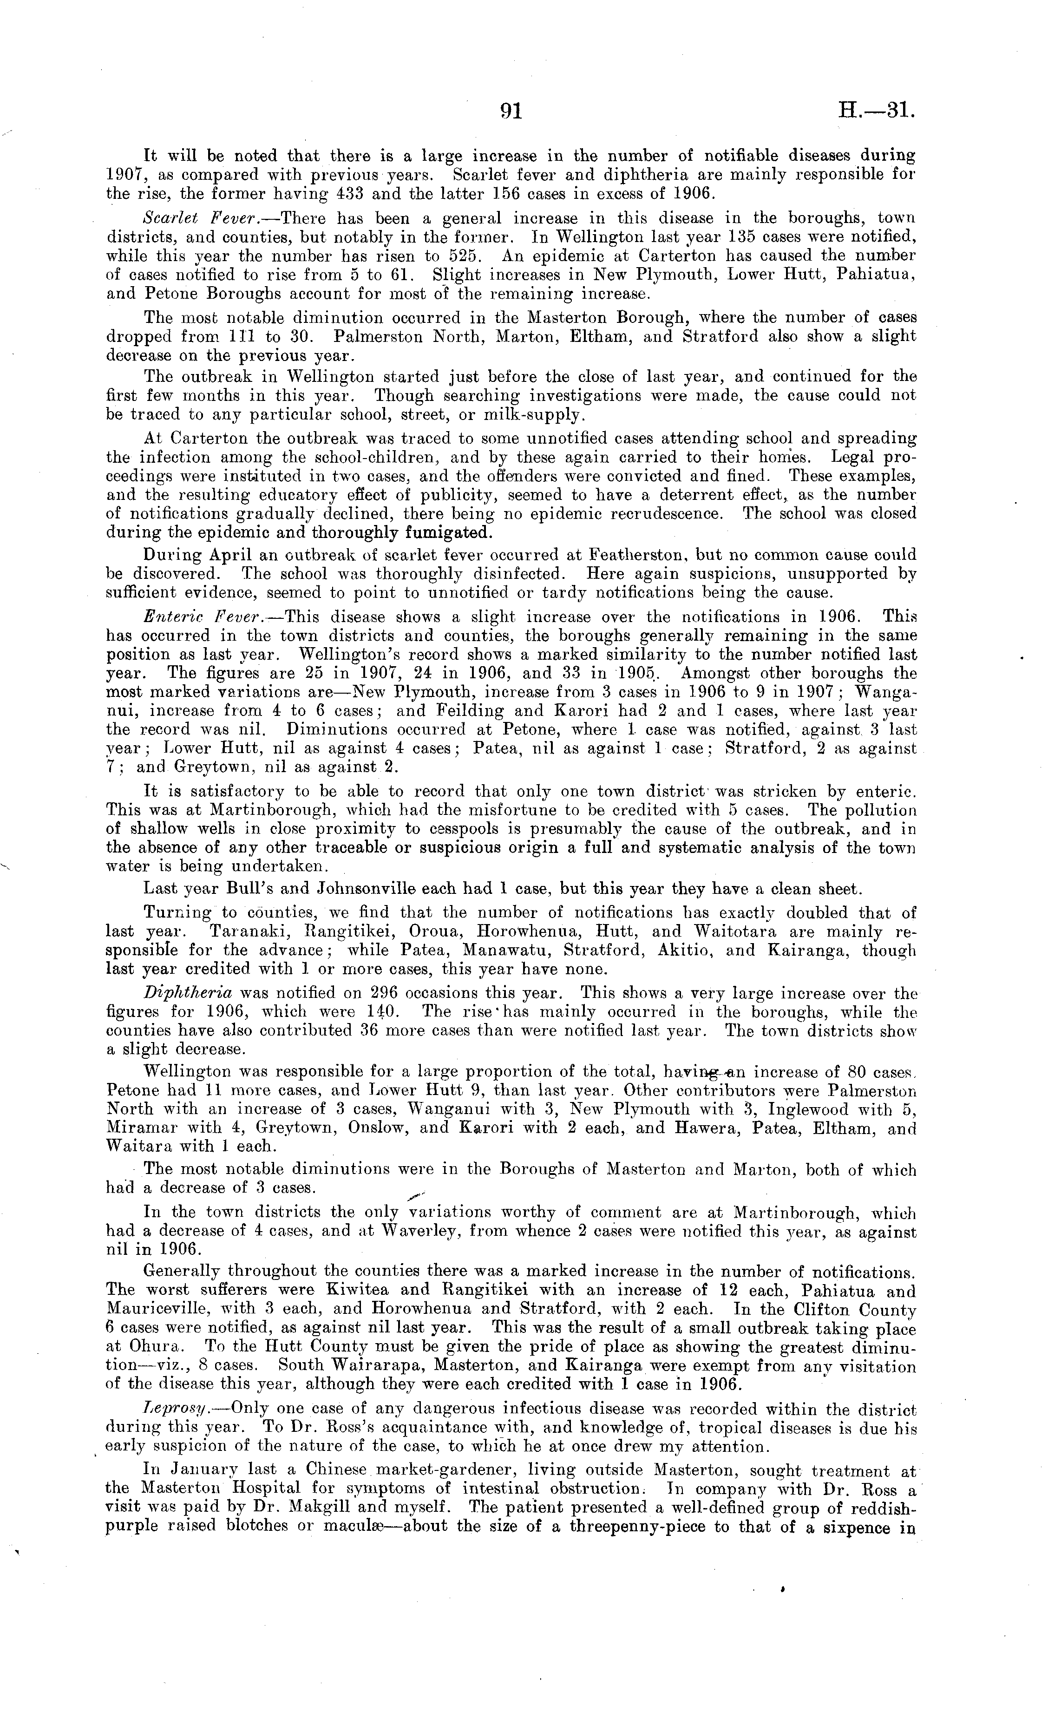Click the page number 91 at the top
point(511,111)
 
